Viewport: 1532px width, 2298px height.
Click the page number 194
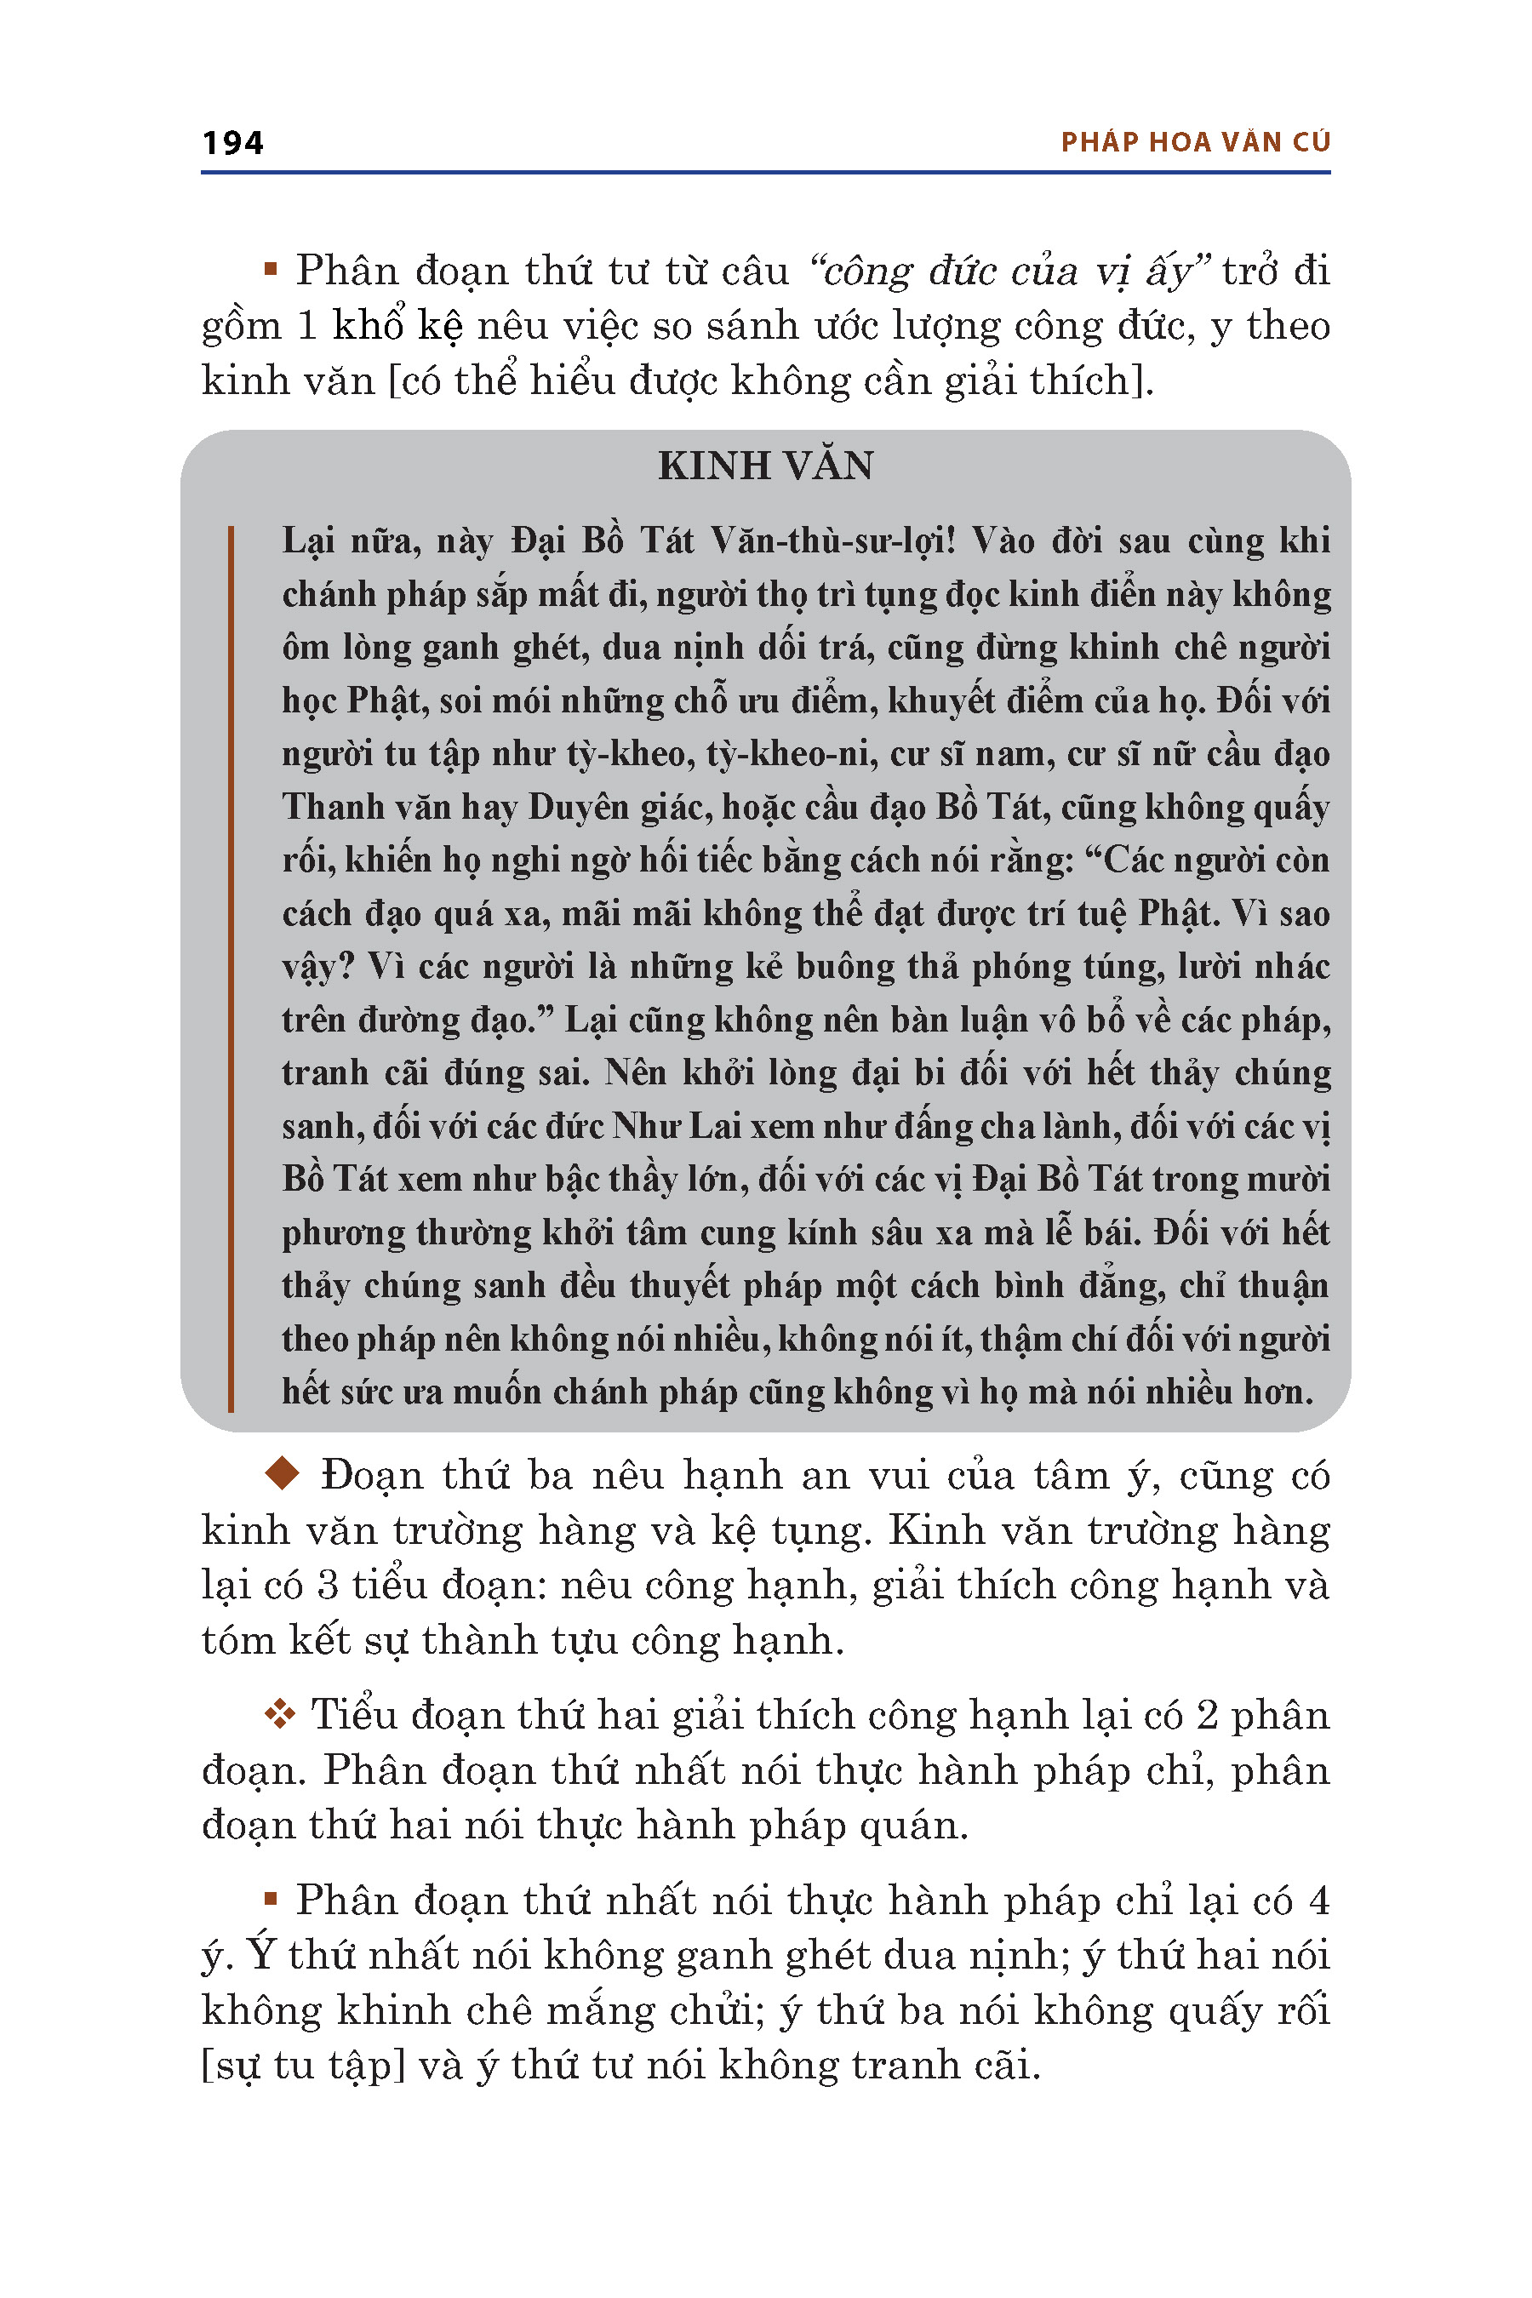coord(232,143)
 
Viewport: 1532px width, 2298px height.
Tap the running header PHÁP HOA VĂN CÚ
coord(1195,143)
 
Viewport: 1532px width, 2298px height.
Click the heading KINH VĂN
coord(765,466)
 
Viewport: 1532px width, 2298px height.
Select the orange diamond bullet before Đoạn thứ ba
coord(283,1474)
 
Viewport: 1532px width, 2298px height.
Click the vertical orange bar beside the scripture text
coord(231,967)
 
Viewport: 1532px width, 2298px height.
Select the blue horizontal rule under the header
coord(765,173)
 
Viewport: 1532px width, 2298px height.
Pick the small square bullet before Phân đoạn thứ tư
coord(271,269)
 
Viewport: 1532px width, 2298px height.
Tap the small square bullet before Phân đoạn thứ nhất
coord(271,1898)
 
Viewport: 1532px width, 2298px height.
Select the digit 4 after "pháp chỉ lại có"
coord(1318,1901)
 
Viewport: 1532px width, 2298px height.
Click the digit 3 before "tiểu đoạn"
coord(329,1585)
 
